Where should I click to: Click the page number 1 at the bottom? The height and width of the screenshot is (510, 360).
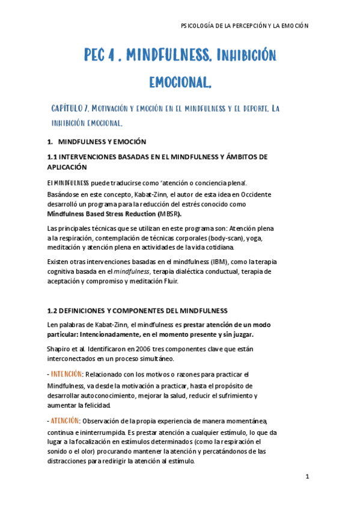click(307, 477)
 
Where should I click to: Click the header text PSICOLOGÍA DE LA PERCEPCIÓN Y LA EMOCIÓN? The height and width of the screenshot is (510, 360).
click(244, 25)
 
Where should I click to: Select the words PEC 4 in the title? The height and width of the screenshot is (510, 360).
click(99, 56)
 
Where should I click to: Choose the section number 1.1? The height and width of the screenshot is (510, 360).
click(53, 157)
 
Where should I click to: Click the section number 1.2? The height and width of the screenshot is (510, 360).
click(53, 310)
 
